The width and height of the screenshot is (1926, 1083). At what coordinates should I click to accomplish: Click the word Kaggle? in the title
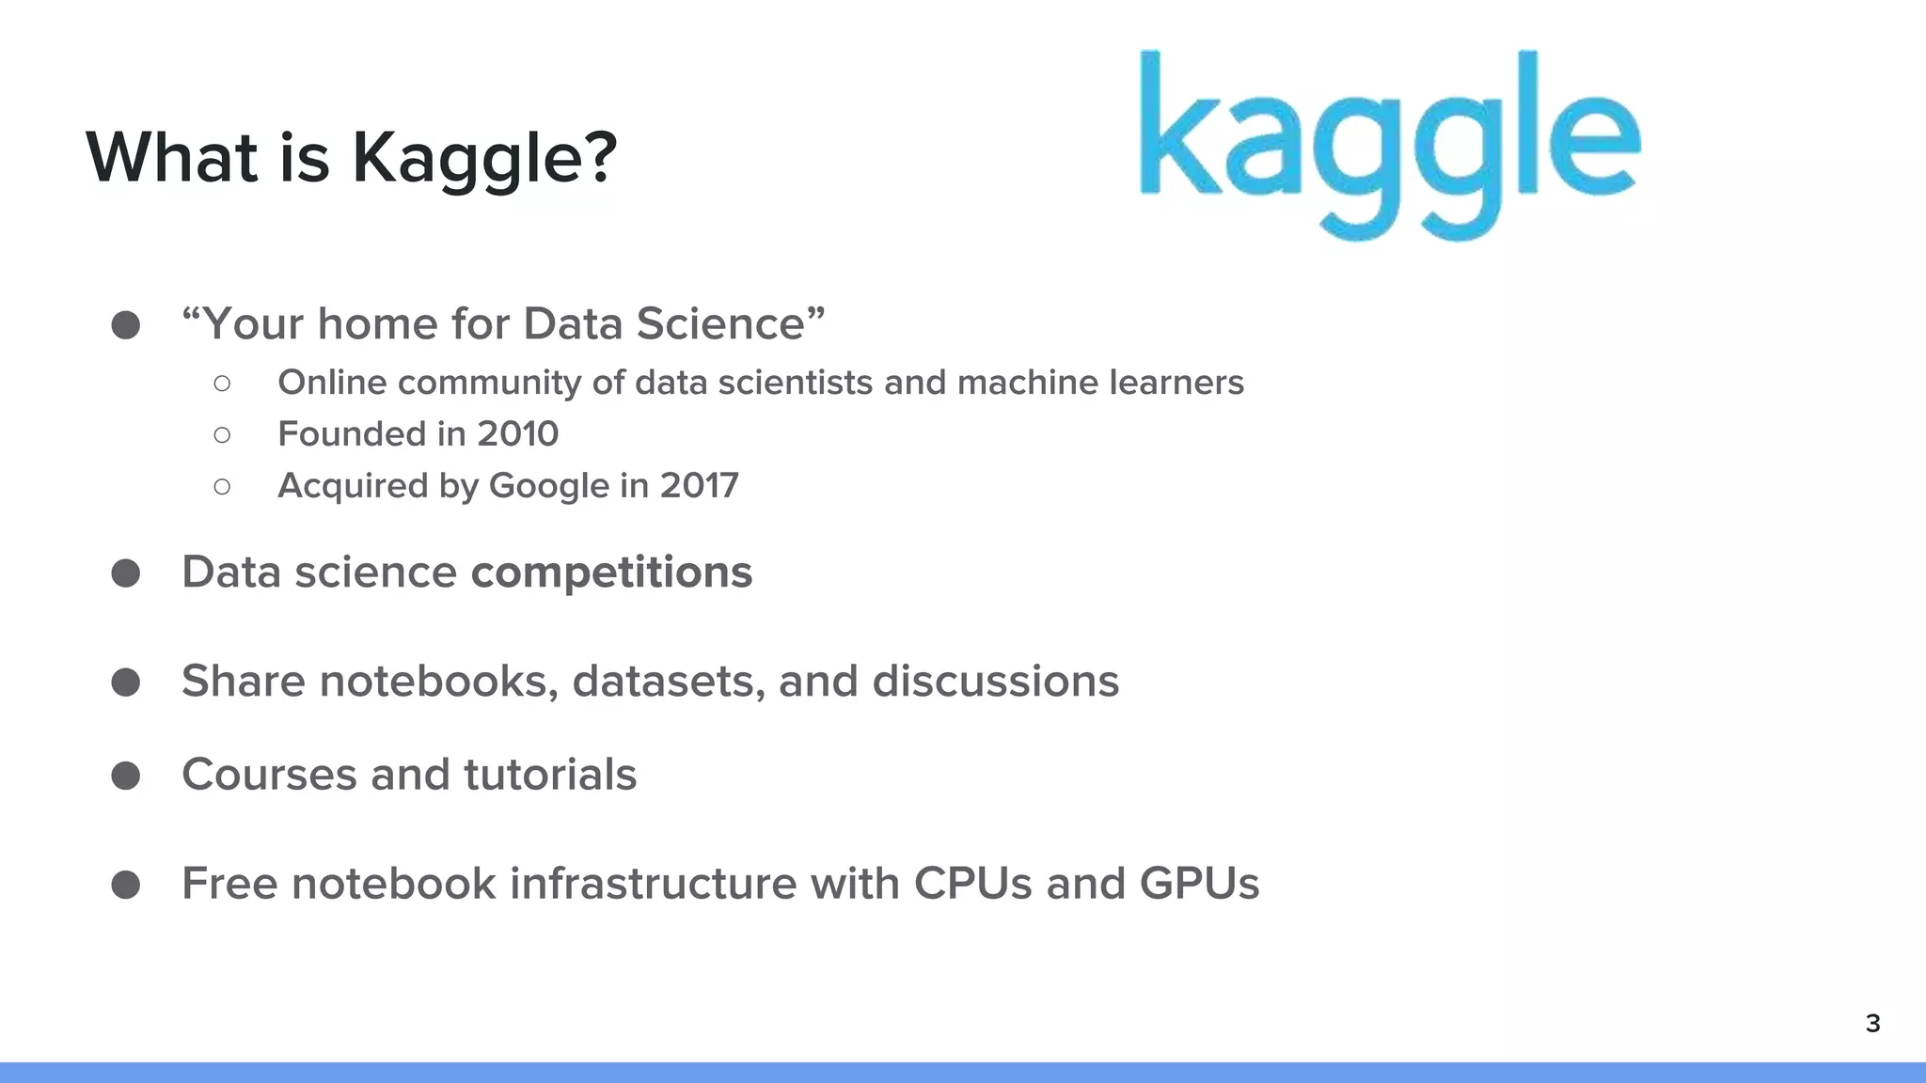pyautogui.click(x=484, y=157)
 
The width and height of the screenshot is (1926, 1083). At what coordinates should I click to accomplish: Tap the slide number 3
pyautogui.click(x=1872, y=1023)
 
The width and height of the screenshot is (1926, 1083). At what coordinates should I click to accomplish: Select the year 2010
pyautogui.click(x=517, y=434)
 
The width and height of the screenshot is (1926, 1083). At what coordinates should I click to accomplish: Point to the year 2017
pyautogui.click(x=699, y=486)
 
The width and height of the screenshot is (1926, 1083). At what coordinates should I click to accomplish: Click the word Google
pyautogui.click(x=549, y=486)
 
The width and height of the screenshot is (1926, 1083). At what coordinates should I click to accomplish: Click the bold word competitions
pyautogui.click(x=611, y=573)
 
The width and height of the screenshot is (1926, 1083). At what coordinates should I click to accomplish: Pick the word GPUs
pyautogui.click(x=1199, y=884)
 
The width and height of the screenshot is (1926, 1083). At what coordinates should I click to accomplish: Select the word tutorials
pyautogui.click(x=550, y=775)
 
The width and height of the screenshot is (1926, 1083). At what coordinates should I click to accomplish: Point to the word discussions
pyautogui.click(x=996, y=682)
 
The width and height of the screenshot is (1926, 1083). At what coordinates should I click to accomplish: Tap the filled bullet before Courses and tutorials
pyautogui.click(x=126, y=776)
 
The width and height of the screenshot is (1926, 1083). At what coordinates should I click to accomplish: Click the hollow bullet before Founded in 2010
pyautogui.click(x=222, y=434)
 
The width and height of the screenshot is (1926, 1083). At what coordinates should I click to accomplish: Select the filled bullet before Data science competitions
pyautogui.click(x=126, y=573)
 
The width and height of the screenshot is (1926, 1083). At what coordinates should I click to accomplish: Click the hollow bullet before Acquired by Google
pyautogui.click(x=222, y=486)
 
